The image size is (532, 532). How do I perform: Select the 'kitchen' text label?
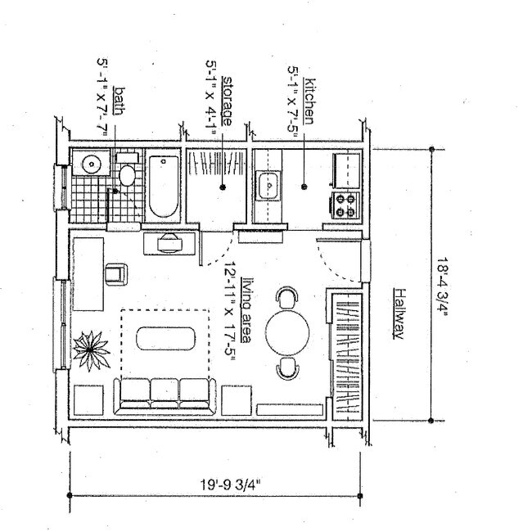click(x=309, y=99)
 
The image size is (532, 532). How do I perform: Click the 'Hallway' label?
click(x=399, y=313)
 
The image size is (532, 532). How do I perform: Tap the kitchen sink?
click(x=268, y=187)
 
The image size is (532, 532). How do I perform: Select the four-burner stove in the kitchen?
click(x=345, y=203)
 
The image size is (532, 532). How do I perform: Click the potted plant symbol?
click(x=90, y=348)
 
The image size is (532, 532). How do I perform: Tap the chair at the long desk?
click(x=115, y=273)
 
